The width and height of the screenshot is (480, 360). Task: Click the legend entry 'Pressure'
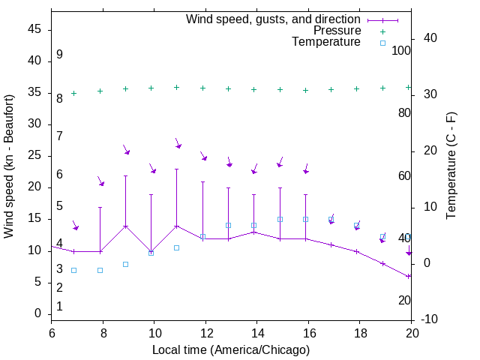pos(337,31)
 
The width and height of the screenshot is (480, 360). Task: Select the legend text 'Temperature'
pos(326,42)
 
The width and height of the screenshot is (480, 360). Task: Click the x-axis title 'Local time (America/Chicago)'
pos(231,350)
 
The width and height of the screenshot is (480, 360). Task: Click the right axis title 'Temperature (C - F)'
pos(451,166)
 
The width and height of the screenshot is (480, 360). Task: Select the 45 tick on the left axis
pos(34,29)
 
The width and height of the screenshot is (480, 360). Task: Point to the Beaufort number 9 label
pos(59,55)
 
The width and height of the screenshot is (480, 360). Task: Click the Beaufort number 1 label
pos(59,306)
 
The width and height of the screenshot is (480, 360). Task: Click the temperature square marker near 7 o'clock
pos(73,270)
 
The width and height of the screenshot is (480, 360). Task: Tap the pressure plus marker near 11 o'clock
pos(176,87)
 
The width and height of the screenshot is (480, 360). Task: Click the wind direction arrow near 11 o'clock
pos(178,143)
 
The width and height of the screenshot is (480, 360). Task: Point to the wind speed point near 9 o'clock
pos(125,226)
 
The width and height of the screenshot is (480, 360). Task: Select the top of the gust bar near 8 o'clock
pos(100,207)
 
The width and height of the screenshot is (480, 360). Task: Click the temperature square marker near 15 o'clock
pos(280,219)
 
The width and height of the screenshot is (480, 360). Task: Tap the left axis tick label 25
pos(34,155)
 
